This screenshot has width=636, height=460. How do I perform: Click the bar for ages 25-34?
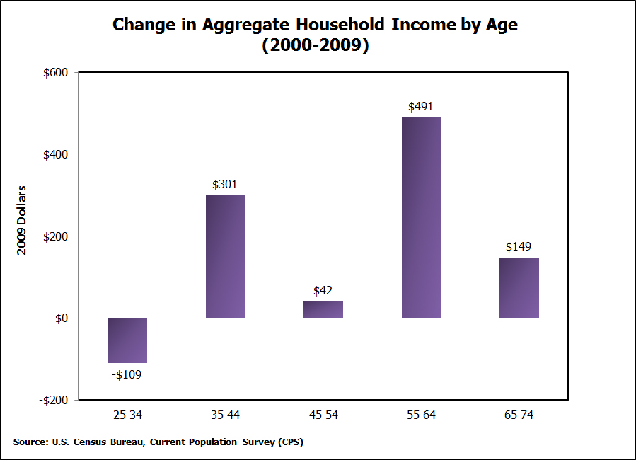tap(127, 340)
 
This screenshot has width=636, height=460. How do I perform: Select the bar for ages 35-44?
tap(225, 256)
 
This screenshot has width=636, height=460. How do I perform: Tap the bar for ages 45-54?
tap(323, 309)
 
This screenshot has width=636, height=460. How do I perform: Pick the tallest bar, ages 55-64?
tap(421, 218)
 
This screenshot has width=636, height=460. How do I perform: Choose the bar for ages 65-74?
tap(519, 287)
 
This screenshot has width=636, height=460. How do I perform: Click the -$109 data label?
tap(127, 374)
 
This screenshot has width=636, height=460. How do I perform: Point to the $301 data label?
tap(225, 185)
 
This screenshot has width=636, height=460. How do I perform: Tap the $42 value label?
tap(323, 290)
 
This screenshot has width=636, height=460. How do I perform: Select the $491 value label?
tap(421, 107)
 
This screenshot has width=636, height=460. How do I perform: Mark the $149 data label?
tap(519, 247)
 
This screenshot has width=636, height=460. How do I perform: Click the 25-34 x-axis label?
tap(127, 415)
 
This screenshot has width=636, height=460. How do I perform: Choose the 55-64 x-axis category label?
tap(421, 415)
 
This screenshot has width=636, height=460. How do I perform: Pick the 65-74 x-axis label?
tap(519, 415)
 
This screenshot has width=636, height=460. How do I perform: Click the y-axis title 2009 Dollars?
tap(22, 220)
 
